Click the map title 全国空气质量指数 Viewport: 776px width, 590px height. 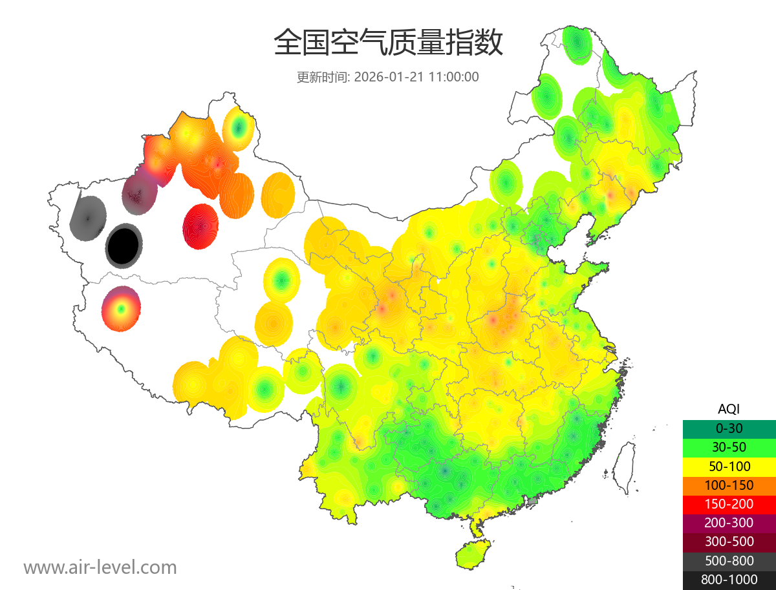pyautogui.click(x=388, y=43)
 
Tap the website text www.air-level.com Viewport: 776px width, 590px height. pyautogui.click(x=100, y=567)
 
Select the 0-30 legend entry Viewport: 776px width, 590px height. pyautogui.click(x=729, y=428)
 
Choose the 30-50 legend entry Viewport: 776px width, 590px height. pyautogui.click(x=729, y=447)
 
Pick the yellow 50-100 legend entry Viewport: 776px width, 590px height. pyautogui.click(x=729, y=466)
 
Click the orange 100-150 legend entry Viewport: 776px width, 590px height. pyautogui.click(x=729, y=485)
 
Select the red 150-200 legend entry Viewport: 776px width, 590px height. pyautogui.click(x=729, y=503)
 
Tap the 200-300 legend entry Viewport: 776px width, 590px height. pyautogui.click(x=729, y=523)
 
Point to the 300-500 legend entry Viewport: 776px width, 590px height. pyautogui.click(x=729, y=542)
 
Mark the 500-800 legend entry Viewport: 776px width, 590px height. pyautogui.click(x=729, y=560)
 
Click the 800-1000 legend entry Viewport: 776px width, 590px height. pyautogui.click(x=729, y=580)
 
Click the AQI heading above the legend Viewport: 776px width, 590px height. pyautogui.click(x=729, y=409)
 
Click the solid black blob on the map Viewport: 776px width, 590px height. pyautogui.click(x=124, y=246)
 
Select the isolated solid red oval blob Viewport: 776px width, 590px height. pyautogui.click(x=200, y=226)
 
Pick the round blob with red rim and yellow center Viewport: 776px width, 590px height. pyautogui.click(x=121, y=309)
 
